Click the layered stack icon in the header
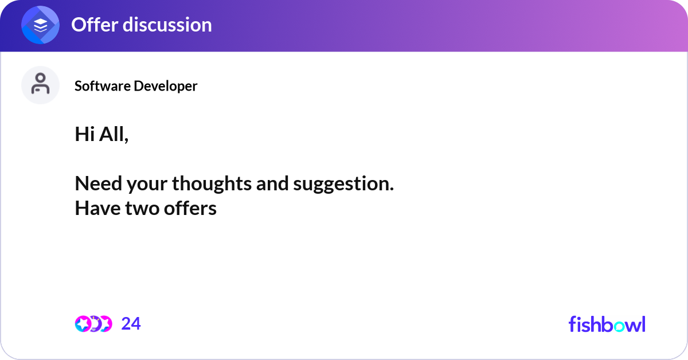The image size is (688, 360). [x=40, y=25]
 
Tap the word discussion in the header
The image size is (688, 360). [x=167, y=25]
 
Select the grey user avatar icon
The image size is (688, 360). [x=40, y=85]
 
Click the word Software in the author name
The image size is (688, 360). [x=103, y=86]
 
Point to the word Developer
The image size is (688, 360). [x=166, y=87]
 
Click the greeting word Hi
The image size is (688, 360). [x=85, y=134]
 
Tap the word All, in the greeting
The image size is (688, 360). [x=114, y=135]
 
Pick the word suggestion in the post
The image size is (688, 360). [x=343, y=184]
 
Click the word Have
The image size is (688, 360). [x=97, y=208]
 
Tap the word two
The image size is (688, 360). [x=142, y=209]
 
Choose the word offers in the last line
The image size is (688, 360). [x=190, y=208]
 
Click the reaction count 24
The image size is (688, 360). [x=131, y=324]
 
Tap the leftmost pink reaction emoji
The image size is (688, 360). [x=83, y=324]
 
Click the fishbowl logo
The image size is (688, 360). [x=607, y=324]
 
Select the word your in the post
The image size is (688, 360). [x=147, y=185]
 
